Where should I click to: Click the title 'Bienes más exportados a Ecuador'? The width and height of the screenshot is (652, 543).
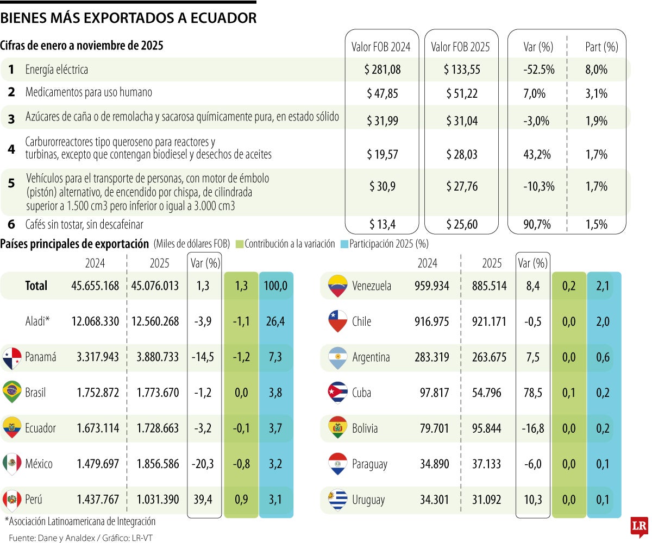[x=128, y=18]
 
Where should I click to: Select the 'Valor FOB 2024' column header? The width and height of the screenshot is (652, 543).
[x=382, y=47]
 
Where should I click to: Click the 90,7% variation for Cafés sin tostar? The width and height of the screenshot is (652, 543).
[x=538, y=224]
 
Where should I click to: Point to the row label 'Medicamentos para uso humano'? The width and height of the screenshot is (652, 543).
[x=89, y=92]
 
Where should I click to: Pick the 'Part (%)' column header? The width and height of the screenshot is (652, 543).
[x=601, y=47]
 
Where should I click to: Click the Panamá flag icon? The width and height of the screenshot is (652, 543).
[x=12, y=357]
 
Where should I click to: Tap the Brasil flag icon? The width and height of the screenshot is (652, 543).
[x=12, y=392]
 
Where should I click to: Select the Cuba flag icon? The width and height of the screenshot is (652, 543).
[x=337, y=392]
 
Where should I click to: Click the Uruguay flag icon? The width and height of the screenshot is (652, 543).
[x=337, y=500]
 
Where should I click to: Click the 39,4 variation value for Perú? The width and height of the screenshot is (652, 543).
[x=204, y=500]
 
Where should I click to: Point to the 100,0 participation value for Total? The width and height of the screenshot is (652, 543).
[x=277, y=286]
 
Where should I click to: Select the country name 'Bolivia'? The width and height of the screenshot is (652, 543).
[x=365, y=428]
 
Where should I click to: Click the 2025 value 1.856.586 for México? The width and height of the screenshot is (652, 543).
[x=155, y=464]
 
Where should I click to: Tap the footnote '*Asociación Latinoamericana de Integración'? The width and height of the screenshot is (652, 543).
[x=80, y=521]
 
